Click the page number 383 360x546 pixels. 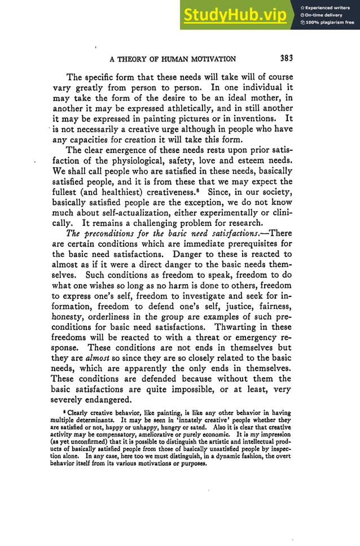[286, 58]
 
